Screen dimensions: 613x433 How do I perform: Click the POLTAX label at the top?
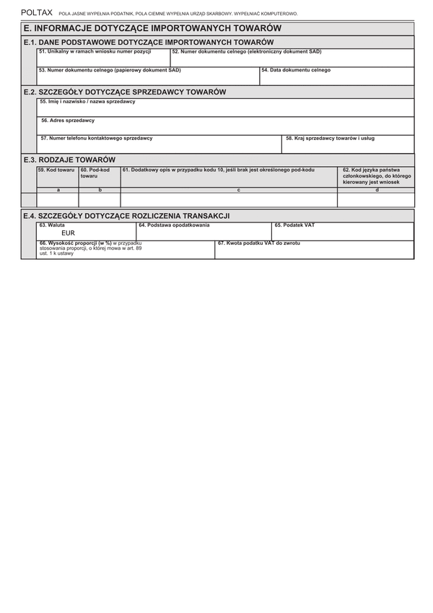point(37,13)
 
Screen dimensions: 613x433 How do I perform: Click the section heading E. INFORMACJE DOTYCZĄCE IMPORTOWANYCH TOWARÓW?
point(151,28)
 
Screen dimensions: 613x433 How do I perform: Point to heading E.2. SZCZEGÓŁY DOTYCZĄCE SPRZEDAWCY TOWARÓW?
point(125,92)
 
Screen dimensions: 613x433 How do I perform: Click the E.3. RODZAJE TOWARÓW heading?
point(69,160)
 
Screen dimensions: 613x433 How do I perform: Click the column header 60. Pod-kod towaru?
point(99,173)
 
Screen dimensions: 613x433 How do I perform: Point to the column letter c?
point(229,189)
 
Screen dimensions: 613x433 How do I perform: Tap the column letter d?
point(377,189)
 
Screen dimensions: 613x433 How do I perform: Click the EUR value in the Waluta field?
point(69,233)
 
